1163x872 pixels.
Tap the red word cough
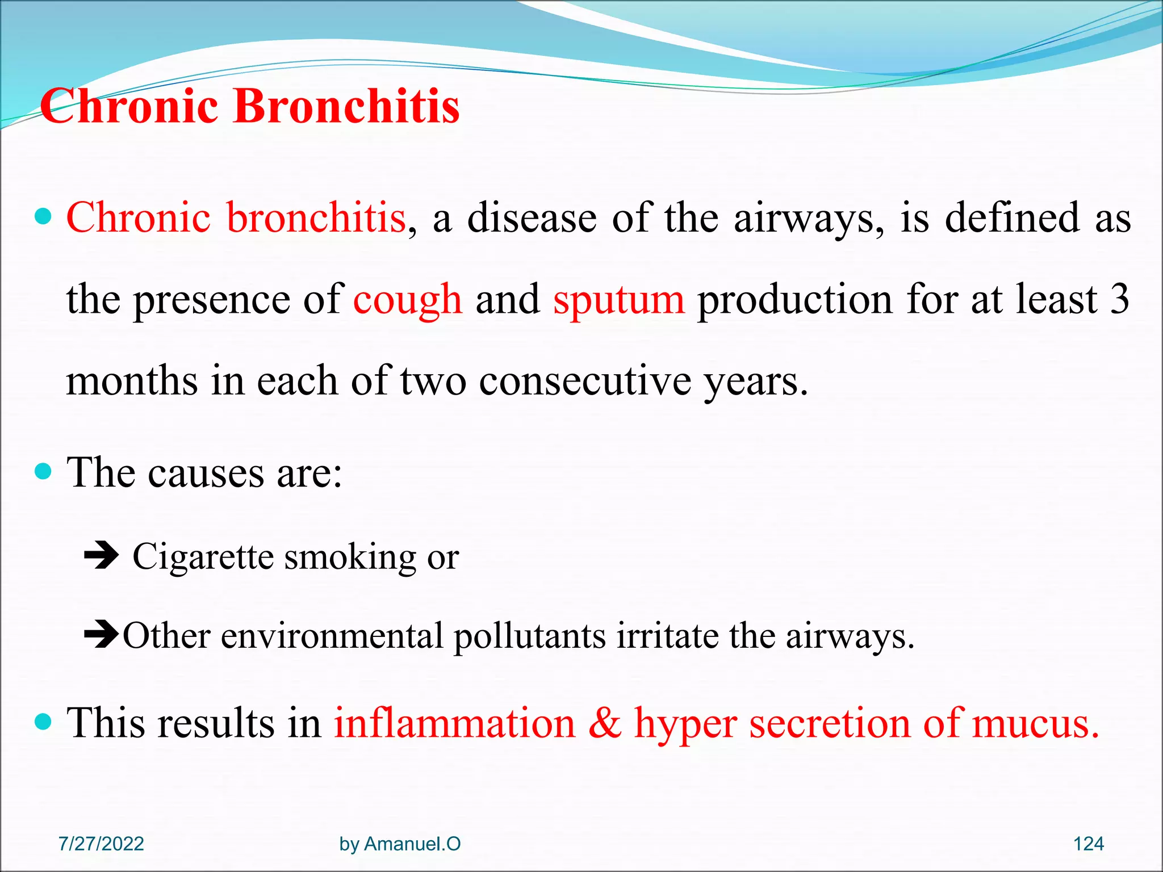pos(407,300)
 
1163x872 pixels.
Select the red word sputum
pos(619,300)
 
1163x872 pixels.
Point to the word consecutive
pos(585,381)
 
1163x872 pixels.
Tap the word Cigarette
pos(203,557)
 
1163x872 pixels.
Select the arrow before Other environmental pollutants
pos(102,635)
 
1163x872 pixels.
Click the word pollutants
pos(529,636)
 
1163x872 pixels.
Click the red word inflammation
pos(454,724)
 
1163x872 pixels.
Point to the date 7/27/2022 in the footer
pos(101,844)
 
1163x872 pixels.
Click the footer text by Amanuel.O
pos(400,844)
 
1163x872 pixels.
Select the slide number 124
pos(1088,844)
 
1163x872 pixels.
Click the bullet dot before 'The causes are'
pos(43,471)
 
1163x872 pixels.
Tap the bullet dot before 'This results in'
pos(43,722)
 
